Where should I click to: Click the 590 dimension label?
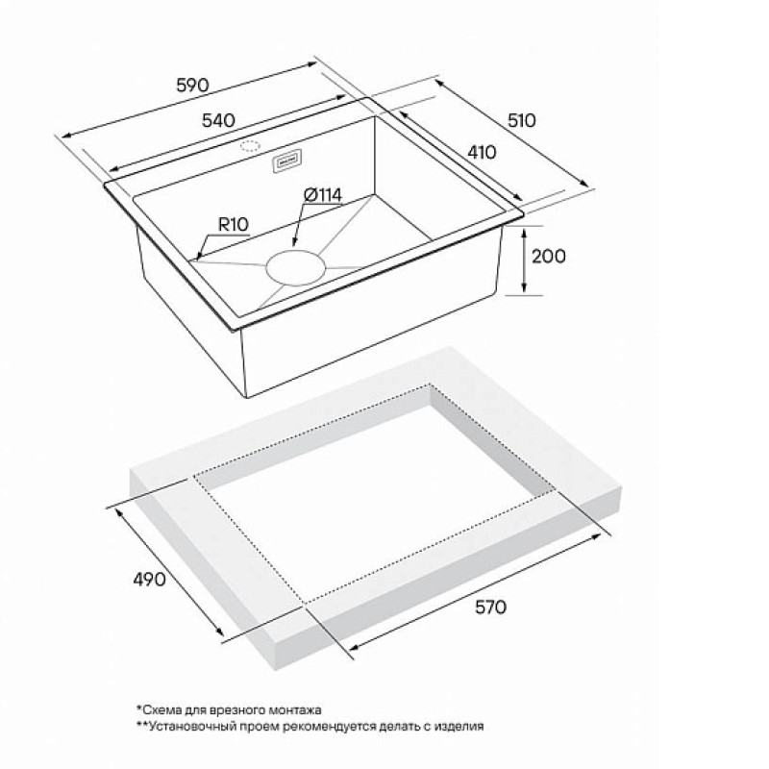click(x=192, y=86)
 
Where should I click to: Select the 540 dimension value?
click(x=218, y=120)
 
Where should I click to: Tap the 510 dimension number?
click(x=521, y=121)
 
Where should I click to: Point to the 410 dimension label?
click(x=482, y=153)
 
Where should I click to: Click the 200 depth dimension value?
click(x=548, y=256)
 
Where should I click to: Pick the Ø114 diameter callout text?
click(x=322, y=195)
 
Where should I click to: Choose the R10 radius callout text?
click(x=233, y=225)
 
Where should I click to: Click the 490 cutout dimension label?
click(x=149, y=580)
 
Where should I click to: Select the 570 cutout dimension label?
click(x=490, y=608)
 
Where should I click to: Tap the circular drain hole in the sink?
click(x=296, y=267)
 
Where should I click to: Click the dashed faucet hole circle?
click(x=250, y=146)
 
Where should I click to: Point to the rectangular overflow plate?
click(x=285, y=161)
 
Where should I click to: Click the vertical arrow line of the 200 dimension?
click(x=524, y=260)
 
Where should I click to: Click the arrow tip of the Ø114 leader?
click(x=294, y=245)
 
